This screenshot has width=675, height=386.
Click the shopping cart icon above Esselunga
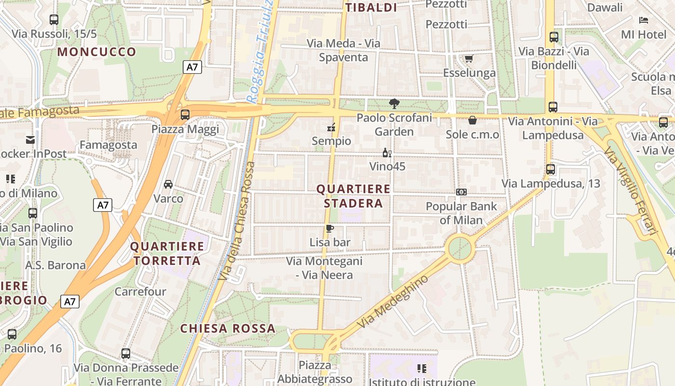coord(468,58)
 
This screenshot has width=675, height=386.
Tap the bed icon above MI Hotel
coord(644,20)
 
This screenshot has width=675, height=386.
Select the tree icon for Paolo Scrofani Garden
coord(394,103)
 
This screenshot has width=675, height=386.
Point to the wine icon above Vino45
coord(387,153)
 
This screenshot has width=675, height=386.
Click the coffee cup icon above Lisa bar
coord(330,228)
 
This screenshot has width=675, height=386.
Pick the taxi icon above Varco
coord(168,184)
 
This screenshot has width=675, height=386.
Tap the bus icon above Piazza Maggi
coord(185,115)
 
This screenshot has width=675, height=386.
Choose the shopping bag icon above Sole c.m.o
coord(472,120)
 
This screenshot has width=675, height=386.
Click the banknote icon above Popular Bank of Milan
coord(461,192)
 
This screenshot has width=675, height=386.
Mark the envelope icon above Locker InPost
coord(30,140)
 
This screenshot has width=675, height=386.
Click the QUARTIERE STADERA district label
coord(353,196)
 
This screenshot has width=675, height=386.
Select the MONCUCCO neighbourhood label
coord(97,52)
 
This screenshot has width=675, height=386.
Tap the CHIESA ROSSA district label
coord(228,329)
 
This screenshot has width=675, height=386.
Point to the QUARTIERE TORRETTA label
coord(167,254)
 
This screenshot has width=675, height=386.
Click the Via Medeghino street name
coord(392,303)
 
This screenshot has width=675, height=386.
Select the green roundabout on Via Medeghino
coord(460,248)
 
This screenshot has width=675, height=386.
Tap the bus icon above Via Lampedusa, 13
coord(551,169)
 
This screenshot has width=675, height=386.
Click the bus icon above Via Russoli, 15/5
coord(54,20)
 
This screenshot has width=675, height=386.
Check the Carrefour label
coord(140,291)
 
